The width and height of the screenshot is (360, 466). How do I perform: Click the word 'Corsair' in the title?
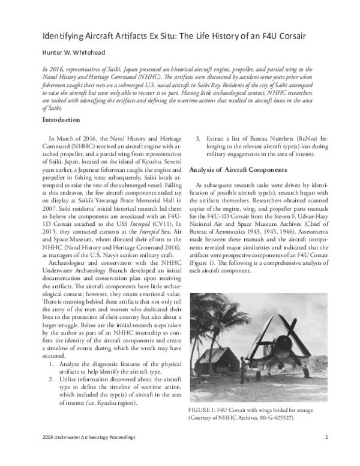pyautogui.click(x=290, y=35)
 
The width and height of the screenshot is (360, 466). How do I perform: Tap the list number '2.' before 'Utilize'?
pyautogui.click(x=52, y=380)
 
